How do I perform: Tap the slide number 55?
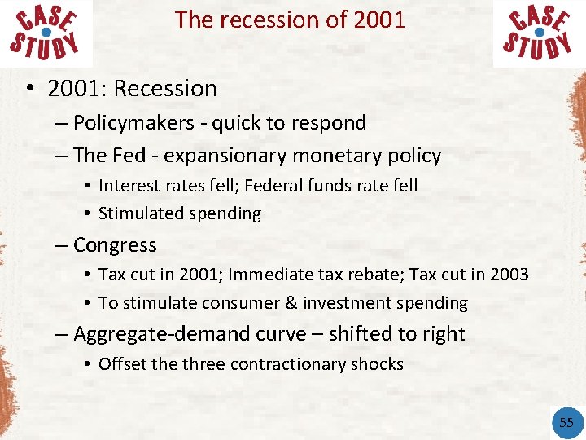point(566,421)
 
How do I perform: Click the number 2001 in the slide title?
point(379,20)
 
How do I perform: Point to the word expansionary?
point(231,156)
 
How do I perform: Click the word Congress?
point(115,245)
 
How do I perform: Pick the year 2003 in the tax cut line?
point(509,275)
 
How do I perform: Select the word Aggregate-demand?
point(146,334)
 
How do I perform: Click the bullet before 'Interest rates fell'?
point(86,186)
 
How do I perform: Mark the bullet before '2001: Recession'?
point(28,89)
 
